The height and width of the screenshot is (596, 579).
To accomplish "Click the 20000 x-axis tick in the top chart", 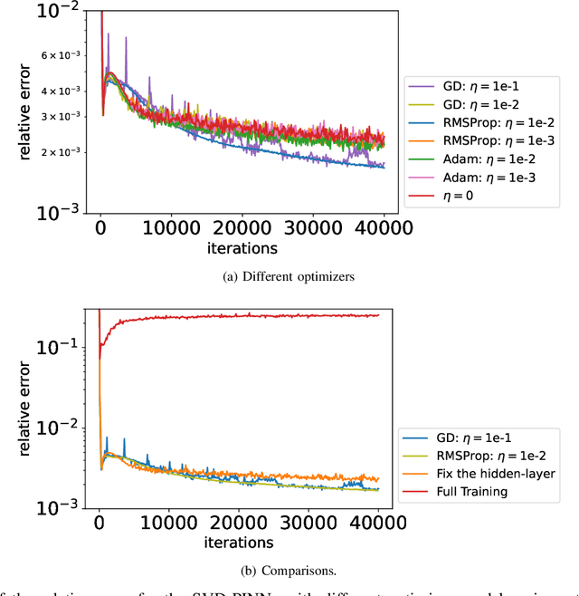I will pyautogui.click(x=238, y=229).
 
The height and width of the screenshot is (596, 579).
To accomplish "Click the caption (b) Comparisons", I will pyautogui.click(x=289, y=568).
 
